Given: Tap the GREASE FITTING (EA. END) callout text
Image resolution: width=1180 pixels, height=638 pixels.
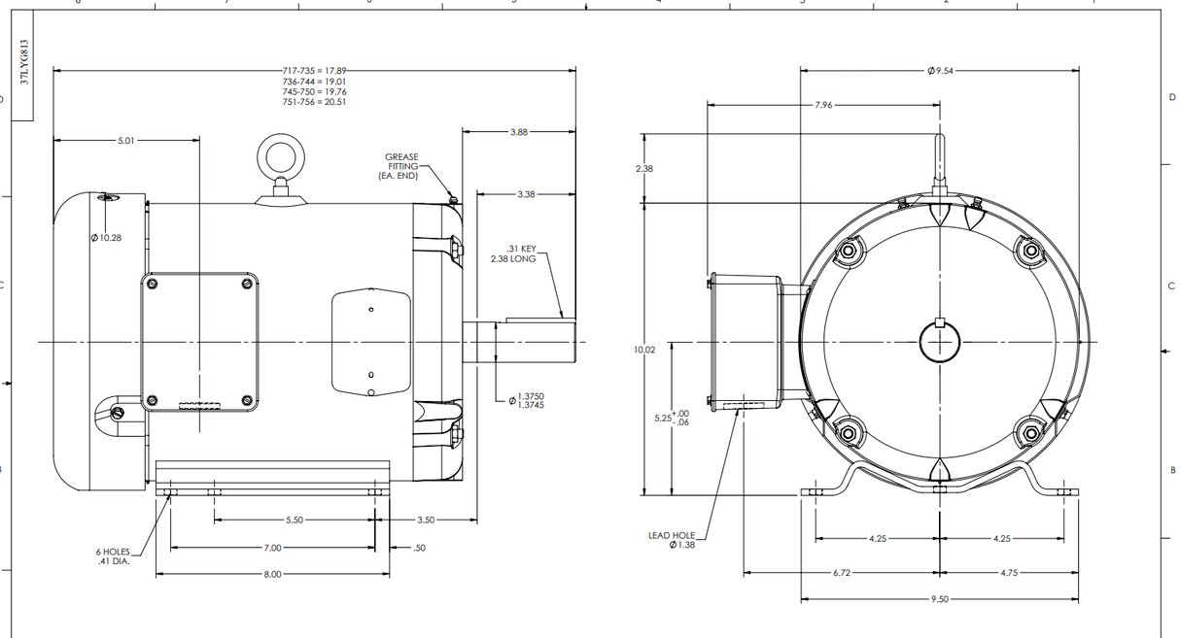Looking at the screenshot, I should pyautogui.click(x=401, y=167).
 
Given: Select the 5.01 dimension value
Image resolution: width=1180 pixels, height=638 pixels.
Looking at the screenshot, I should pyautogui.click(x=127, y=141).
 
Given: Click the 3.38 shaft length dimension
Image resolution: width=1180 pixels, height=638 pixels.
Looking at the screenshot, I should pyautogui.click(x=525, y=194).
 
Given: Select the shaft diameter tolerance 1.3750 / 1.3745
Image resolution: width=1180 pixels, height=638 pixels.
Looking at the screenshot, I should pyautogui.click(x=531, y=400).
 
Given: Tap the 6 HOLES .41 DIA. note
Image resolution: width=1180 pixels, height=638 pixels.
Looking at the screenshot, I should pyautogui.click(x=113, y=556).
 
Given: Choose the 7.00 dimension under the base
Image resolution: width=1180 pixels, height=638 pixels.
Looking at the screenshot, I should pyautogui.click(x=272, y=548).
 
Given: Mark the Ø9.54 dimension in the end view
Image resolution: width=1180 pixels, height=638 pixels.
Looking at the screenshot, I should pyautogui.click(x=940, y=71).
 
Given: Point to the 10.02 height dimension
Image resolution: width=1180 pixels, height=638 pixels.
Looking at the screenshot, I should pyautogui.click(x=643, y=349).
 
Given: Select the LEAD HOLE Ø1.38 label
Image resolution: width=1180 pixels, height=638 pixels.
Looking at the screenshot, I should pyautogui.click(x=672, y=540).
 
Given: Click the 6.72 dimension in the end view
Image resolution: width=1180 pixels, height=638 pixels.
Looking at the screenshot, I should pyautogui.click(x=842, y=573).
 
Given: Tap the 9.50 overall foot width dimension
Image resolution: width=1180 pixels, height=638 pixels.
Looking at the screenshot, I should pyautogui.click(x=939, y=599).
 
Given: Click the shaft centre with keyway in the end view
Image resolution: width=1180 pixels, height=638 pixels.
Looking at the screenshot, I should pyautogui.click(x=939, y=339).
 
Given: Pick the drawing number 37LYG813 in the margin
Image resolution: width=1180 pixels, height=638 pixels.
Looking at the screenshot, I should pyautogui.click(x=24, y=64).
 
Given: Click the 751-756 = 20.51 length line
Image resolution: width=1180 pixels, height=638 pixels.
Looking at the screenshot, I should pyautogui.click(x=314, y=102).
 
